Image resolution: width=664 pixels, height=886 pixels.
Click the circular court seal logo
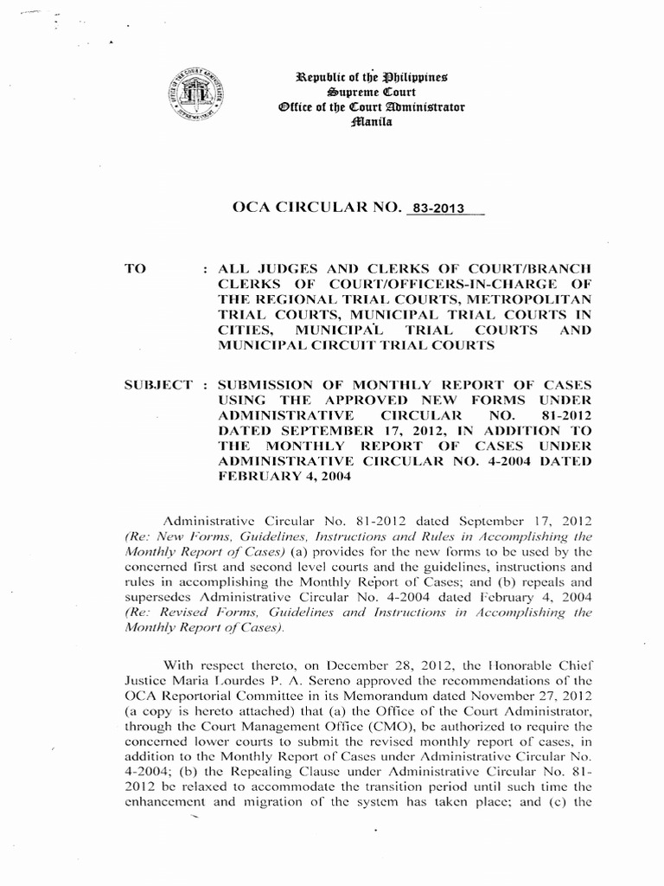(194, 95)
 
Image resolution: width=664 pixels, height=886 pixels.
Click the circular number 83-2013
(440, 208)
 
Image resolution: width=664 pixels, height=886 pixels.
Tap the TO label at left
(137, 268)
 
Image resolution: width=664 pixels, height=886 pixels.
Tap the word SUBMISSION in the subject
(274, 384)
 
